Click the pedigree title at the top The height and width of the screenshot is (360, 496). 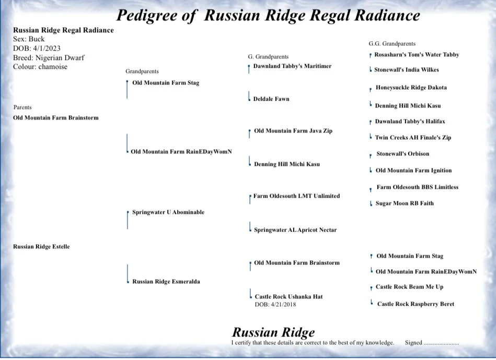click(268, 15)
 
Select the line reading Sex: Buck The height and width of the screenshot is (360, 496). click(29, 39)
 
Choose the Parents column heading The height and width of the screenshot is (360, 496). click(22, 107)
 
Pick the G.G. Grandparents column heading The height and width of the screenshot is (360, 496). click(392, 44)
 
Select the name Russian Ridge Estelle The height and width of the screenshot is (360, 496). click(41, 246)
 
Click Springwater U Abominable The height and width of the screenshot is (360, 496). click(168, 212)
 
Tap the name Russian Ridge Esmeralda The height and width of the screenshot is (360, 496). click(166, 281)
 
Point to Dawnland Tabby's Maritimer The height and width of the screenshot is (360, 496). click(292, 66)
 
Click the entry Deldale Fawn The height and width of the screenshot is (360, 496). click(271, 99)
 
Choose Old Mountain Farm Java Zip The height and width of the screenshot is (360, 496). click(293, 131)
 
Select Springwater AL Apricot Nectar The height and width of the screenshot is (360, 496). click(295, 230)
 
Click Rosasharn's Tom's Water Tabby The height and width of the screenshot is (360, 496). click(417, 54)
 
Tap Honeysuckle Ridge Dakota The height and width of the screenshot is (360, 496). click(411, 88)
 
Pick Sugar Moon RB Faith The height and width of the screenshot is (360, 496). click(405, 203)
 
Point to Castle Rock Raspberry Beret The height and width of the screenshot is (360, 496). click(416, 304)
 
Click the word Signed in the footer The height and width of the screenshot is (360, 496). click(413, 343)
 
